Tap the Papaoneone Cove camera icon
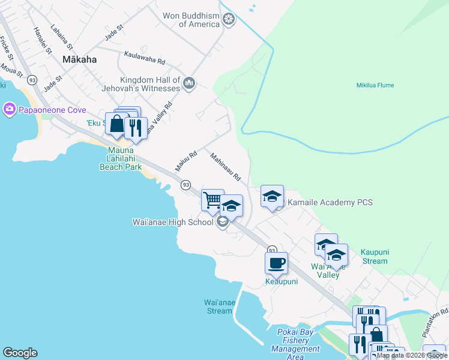point(9,109)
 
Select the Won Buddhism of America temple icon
point(229,20)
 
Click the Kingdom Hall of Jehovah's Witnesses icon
point(189,83)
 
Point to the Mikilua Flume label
point(375,85)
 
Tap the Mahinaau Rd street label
point(225,167)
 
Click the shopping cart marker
point(212,199)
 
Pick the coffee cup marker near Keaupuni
point(276,262)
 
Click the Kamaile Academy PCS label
point(330,202)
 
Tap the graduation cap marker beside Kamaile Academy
point(272,196)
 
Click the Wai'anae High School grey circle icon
point(222,223)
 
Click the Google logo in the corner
point(20,353)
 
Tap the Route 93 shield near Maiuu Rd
point(186,185)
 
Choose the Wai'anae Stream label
point(218,306)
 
